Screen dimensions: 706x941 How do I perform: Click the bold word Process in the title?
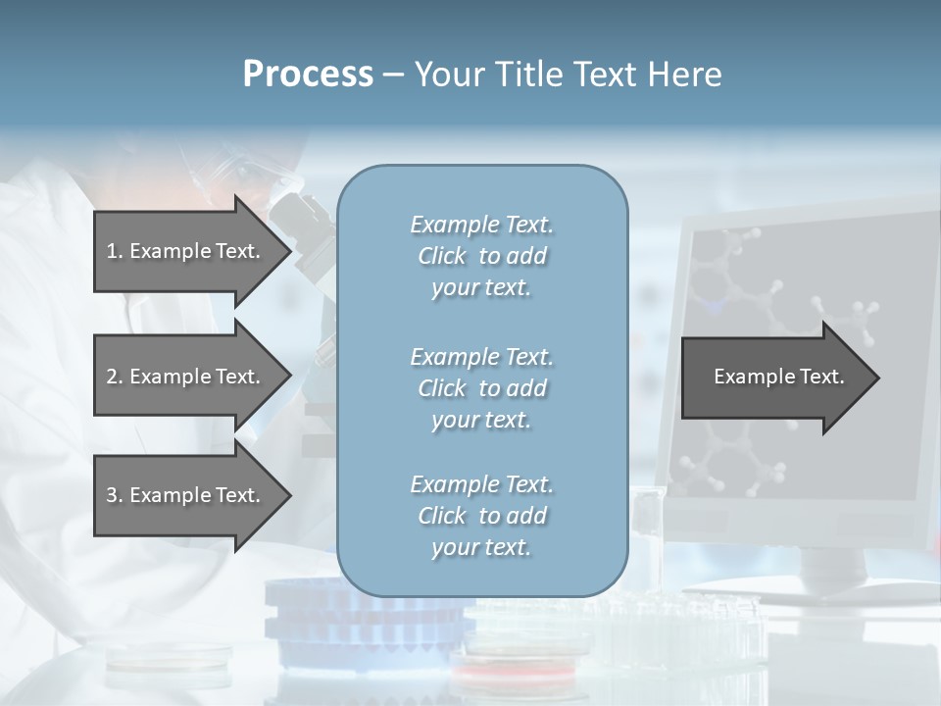308,75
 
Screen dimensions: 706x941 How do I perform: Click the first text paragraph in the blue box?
481,256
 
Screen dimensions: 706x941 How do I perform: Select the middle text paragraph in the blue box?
481,387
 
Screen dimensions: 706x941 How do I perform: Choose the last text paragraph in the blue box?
481,515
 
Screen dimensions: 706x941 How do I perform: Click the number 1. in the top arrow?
115,251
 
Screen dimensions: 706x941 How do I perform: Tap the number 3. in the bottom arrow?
115,495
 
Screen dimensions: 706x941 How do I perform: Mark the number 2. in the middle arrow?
115,377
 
